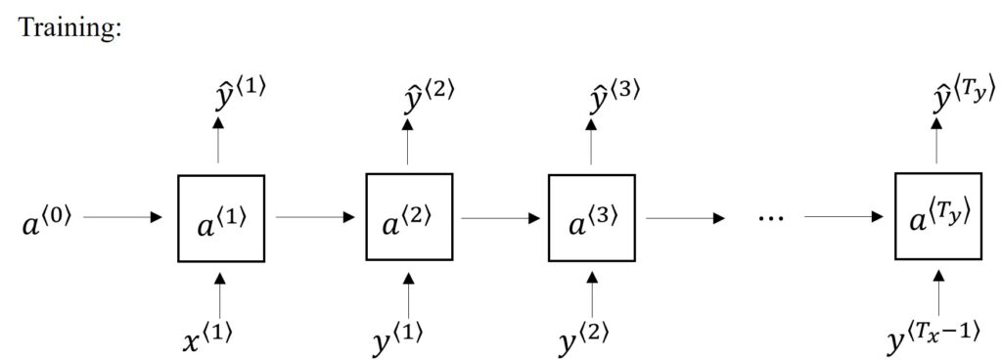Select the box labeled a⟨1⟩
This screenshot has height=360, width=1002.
(219, 218)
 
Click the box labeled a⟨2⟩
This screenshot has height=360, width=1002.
(408, 216)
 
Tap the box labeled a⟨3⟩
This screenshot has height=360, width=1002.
(590, 217)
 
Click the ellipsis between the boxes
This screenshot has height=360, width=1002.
(773, 218)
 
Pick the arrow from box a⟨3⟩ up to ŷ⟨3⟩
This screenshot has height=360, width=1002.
(590, 142)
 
